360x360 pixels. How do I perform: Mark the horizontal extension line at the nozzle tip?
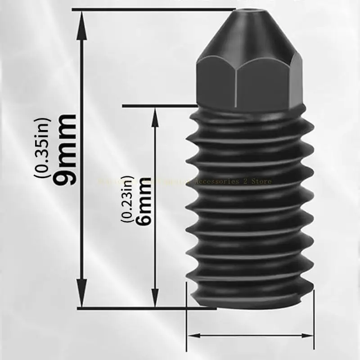pos(153,9)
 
